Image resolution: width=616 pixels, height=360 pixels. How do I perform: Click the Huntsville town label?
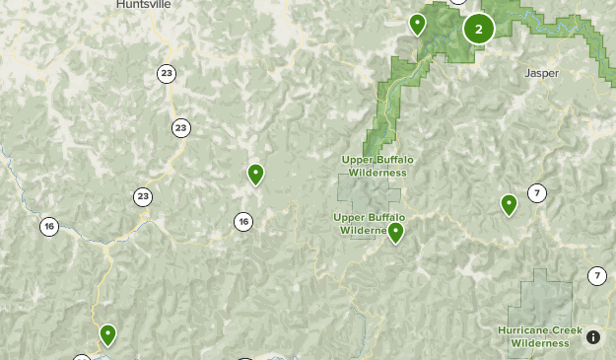143,4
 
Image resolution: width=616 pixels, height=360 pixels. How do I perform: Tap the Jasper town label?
542,73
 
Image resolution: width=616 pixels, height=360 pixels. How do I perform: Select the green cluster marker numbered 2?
479,29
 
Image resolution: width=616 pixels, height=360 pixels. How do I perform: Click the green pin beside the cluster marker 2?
418,24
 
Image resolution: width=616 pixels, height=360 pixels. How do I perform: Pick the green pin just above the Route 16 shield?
255,175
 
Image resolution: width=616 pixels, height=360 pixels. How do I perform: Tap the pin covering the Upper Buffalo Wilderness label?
395,232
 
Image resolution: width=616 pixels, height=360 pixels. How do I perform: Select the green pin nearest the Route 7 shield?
509,204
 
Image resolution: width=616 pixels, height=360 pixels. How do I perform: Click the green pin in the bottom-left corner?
107,334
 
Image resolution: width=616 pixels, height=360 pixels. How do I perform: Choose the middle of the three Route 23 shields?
180,127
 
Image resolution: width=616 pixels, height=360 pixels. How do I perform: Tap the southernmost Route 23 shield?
144,196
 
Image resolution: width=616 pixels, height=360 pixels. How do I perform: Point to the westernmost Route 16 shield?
48,227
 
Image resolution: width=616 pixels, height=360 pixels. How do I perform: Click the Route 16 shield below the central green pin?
243,222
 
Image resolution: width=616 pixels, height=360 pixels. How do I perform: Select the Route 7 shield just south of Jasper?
537,193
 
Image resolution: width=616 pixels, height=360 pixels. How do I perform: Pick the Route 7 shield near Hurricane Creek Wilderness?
597,276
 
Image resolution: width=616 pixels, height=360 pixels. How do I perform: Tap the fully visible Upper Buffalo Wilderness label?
374,166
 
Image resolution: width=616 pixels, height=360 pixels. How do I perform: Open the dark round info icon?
593,337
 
